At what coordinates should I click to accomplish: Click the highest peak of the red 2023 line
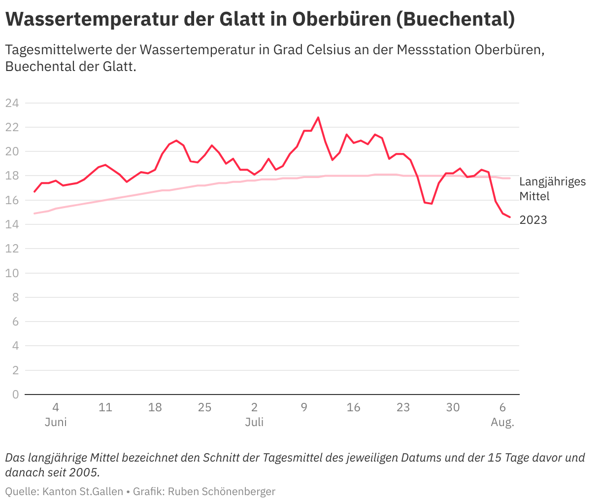(318, 117)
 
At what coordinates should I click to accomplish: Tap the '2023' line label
(533, 220)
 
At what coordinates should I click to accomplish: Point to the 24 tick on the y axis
(12, 103)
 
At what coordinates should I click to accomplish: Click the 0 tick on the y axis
(15, 395)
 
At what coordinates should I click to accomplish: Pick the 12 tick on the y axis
(12, 249)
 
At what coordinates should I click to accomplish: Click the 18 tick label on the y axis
(12, 176)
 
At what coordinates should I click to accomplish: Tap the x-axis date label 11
(105, 407)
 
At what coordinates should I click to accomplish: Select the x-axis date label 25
(204, 407)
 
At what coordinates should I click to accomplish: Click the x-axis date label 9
(304, 407)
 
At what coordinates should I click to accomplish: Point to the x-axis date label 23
(403, 407)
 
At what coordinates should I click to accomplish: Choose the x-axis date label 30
(453, 407)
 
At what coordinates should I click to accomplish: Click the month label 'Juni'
(56, 423)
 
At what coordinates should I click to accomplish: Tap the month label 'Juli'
(254, 423)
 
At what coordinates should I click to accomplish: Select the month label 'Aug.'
(502, 423)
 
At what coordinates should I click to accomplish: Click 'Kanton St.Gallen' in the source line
(83, 492)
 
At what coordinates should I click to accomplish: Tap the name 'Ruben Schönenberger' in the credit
(222, 492)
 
